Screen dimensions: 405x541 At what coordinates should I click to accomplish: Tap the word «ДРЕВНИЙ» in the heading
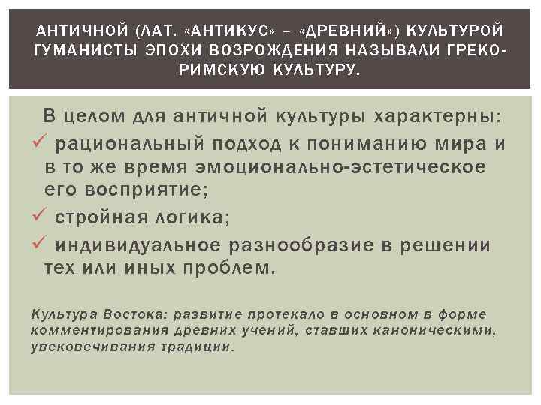(x=343, y=31)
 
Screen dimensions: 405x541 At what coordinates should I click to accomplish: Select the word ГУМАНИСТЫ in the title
(x=78, y=50)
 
